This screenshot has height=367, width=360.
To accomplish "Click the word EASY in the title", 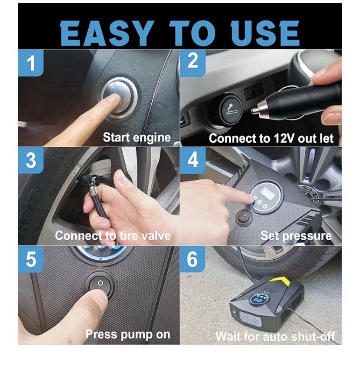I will coord(107,33).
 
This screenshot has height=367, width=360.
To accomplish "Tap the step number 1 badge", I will coord(31,63).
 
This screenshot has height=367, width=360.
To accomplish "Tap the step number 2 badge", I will coord(193,61).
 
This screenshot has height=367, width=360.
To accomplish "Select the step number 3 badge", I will coord(31,160).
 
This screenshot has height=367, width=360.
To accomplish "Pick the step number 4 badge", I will coord(193,159).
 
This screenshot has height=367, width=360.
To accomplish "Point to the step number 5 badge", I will coord(31,259).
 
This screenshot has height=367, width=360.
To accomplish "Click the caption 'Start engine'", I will coord(137,138).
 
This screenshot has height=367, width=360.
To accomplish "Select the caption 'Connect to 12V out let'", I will coord(271,139).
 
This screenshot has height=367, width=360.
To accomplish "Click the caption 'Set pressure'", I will coord(296,236).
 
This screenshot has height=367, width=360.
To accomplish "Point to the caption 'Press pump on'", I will coord(127,334).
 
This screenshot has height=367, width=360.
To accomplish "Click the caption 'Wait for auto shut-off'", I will coord(275,336).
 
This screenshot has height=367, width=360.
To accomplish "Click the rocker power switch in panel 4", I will coord(245,216).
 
